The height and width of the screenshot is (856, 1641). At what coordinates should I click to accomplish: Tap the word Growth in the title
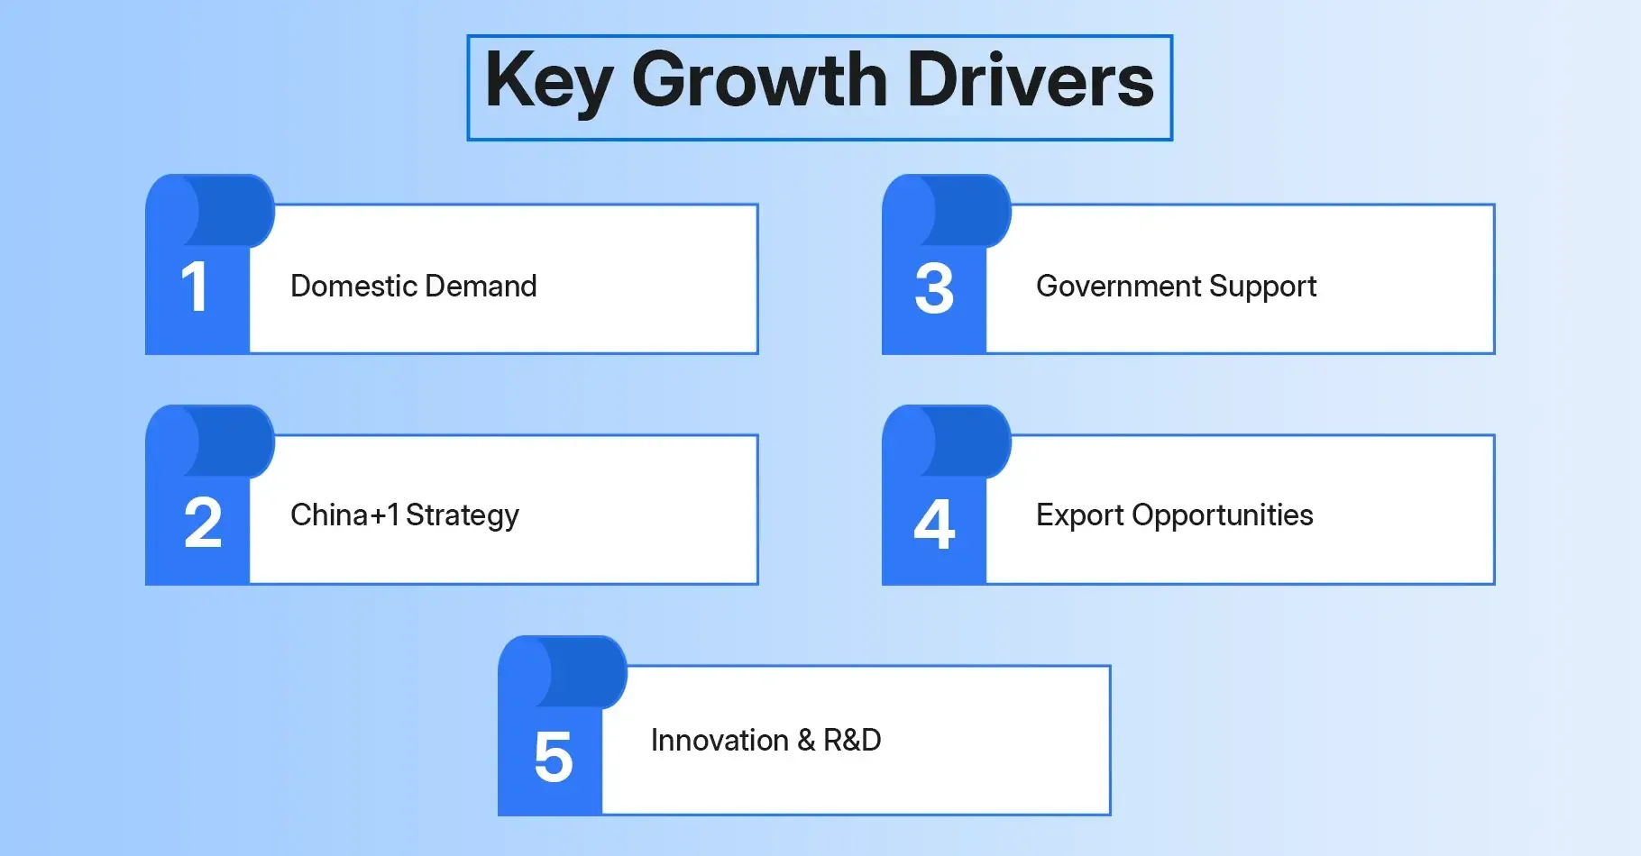pos(759,81)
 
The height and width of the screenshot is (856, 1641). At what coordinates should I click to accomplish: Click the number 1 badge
pos(195,288)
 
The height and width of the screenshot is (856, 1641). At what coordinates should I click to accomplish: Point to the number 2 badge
pos(202,523)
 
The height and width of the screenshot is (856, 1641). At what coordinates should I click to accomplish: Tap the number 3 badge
pos(934,289)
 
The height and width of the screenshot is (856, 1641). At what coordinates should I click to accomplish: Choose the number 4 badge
pos(934,524)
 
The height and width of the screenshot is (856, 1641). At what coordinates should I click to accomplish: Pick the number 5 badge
pos(553,757)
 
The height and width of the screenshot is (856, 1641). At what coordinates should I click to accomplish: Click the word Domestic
pos(353,287)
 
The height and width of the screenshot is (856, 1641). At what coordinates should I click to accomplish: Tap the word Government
pos(1118,287)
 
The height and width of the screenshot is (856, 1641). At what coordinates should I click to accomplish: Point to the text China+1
pos(344,515)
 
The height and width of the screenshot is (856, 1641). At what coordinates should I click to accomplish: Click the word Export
pos(1079,516)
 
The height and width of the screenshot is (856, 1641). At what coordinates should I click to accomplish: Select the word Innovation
pos(720,741)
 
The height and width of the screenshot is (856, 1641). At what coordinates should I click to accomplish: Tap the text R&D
pos(852,741)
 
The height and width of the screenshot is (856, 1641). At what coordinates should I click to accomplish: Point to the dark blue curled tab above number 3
pos(968,211)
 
